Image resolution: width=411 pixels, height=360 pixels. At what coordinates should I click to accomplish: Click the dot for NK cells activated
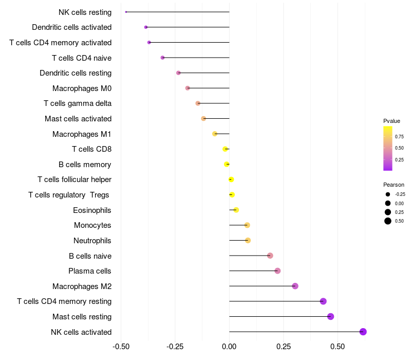click(x=363, y=332)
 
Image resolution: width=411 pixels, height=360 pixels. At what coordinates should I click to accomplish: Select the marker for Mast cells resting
click(x=330, y=316)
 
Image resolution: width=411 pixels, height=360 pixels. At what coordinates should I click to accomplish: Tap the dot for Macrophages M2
click(x=295, y=286)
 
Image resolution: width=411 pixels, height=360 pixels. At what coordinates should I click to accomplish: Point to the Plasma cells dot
click(x=277, y=271)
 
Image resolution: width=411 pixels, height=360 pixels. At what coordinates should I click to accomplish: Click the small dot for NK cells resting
click(x=126, y=12)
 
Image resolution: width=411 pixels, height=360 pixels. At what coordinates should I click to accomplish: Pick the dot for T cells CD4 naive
click(x=163, y=58)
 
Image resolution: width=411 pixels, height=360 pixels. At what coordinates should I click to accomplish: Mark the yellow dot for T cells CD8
click(x=225, y=149)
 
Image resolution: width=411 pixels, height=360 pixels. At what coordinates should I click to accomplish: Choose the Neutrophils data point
click(x=248, y=240)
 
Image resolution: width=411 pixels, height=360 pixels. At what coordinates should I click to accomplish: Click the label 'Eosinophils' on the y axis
click(x=92, y=210)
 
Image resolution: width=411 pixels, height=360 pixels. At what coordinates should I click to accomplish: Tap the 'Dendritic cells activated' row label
click(x=71, y=27)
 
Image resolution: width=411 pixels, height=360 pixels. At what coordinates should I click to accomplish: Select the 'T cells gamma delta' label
click(x=78, y=103)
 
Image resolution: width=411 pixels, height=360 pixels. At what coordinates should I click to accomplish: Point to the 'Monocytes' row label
click(x=92, y=225)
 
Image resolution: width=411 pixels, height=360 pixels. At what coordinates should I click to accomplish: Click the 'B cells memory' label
click(x=85, y=165)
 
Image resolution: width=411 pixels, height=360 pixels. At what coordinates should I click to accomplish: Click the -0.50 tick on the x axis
click(x=120, y=347)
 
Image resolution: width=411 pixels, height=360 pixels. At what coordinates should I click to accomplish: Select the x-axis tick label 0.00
click(x=229, y=347)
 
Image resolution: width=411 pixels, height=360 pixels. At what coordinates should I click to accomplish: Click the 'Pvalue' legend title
click(x=391, y=121)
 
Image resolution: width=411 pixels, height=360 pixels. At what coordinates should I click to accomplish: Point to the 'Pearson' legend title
click(x=394, y=185)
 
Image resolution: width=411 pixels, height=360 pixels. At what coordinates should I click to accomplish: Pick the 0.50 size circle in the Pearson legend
click(x=387, y=221)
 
